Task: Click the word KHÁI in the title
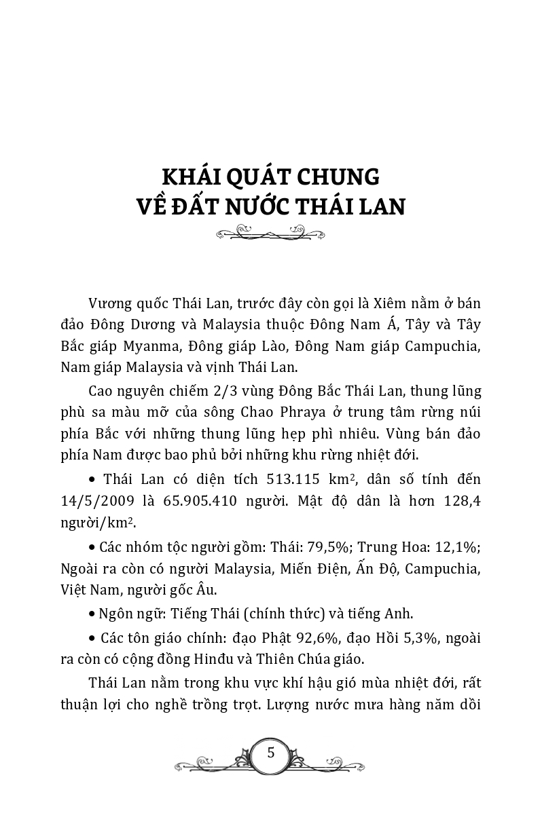coord(197,177)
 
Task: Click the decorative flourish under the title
coord(270,235)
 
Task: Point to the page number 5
coord(271,753)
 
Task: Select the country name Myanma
coord(147,346)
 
